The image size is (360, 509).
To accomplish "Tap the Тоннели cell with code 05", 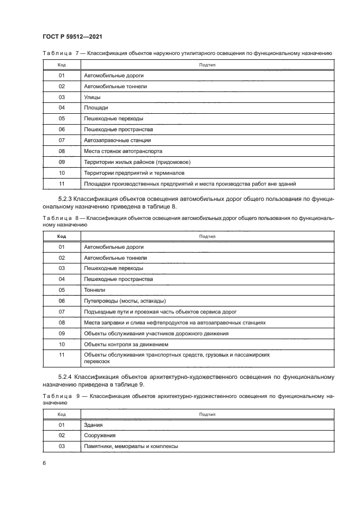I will point(94,290).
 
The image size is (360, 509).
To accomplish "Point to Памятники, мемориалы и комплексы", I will point(131,446).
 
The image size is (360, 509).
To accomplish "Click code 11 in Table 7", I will point(62,183).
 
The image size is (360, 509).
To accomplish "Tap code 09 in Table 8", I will point(62,333).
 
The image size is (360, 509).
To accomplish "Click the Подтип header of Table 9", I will point(208,414).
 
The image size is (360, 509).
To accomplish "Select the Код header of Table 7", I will point(62,65).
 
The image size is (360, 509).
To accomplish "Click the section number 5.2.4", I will point(68,377).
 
